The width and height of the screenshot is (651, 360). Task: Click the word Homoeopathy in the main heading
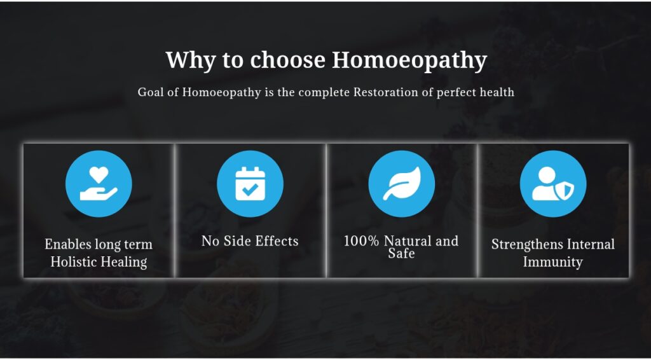click(x=409, y=60)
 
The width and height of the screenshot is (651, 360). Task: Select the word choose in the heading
click(x=287, y=60)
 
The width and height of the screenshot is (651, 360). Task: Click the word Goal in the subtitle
click(x=148, y=92)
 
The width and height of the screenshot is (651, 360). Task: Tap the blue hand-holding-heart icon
click(x=99, y=184)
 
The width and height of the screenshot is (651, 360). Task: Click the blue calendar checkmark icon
click(x=250, y=184)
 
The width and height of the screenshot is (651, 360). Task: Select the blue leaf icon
click(x=402, y=184)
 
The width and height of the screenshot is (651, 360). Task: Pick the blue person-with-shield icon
click(x=553, y=184)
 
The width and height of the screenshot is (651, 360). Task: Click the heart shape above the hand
click(x=99, y=174)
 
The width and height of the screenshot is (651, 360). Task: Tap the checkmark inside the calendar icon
click(x=250, y=190)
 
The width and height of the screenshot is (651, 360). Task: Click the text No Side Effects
click(x=250, y=241)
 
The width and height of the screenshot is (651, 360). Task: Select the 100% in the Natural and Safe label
click(x=362, y=241)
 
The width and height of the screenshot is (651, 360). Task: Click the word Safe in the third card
click(x=402, y=253)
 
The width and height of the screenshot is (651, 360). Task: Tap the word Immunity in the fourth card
click(x=552, y=262)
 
